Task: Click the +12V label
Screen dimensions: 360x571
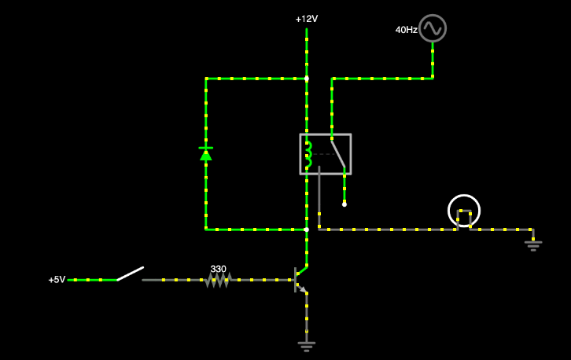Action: coord(307,19)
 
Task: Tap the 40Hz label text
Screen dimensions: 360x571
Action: coord(406,30)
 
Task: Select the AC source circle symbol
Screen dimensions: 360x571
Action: coord(432,28)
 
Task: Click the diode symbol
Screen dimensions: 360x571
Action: coord(206,153)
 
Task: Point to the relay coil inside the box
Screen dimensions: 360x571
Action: coord(309,154)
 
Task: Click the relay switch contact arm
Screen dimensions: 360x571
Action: coord(337,153)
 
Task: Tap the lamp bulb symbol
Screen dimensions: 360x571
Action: coord(464,211)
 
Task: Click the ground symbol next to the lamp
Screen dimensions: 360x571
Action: coord(533,245)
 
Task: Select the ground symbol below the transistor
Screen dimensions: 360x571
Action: coord(307,343)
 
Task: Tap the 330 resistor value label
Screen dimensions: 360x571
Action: coord(218,269)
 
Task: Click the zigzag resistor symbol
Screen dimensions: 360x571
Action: coord(218,280)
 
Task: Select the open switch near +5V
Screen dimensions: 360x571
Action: coord(130,274)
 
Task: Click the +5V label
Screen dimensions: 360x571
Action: coord(57,280)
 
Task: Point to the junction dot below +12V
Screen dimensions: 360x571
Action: coord(307,79)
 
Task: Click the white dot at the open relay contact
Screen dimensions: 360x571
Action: coord(344,204)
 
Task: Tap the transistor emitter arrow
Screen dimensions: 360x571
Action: coord(303,288)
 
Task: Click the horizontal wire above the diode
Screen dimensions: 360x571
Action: coord(256,79)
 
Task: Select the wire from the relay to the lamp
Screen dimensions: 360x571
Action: coord(385,230)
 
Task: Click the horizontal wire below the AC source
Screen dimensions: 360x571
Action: coord(381,79)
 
